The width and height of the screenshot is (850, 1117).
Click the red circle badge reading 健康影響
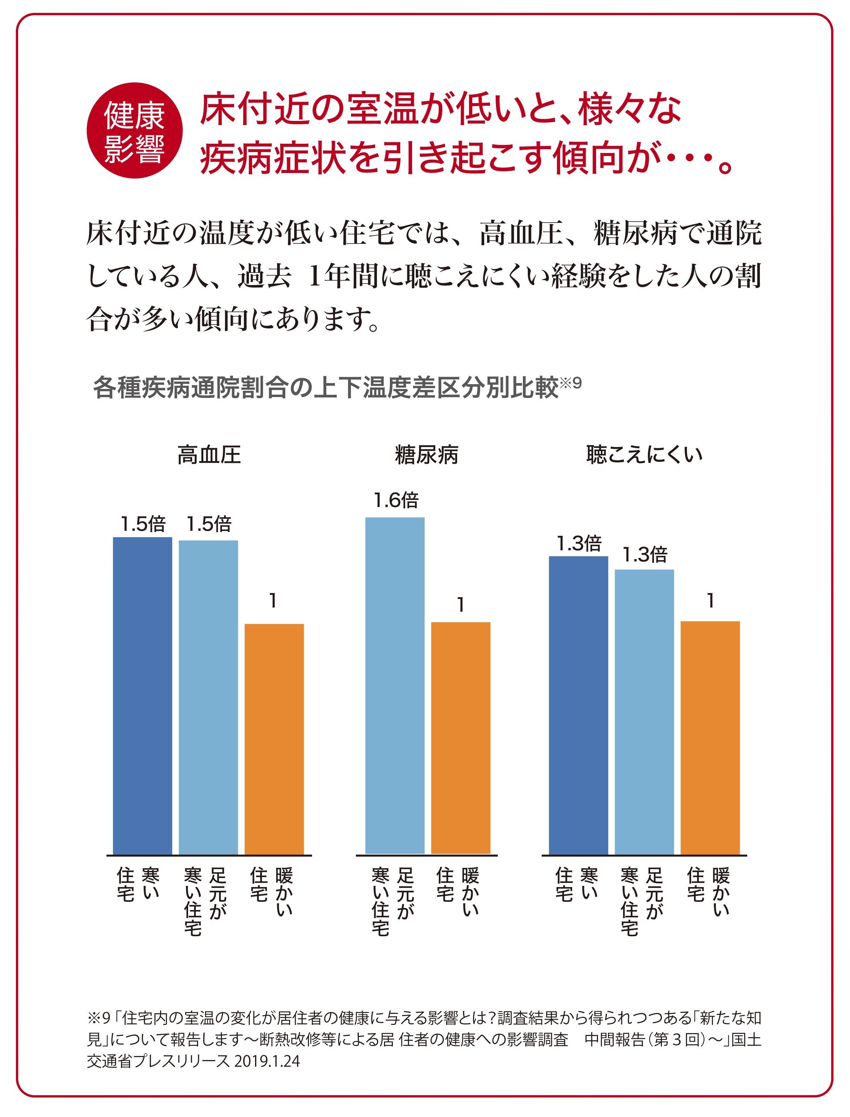(134, 131)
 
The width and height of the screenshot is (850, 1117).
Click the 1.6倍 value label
(396, 501)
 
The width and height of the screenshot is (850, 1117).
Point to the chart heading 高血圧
(209, 454)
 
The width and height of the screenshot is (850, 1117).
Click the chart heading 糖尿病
(426, 454)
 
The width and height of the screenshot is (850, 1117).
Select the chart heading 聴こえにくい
(644, 454)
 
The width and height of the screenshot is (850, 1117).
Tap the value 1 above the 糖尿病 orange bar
(460, 605)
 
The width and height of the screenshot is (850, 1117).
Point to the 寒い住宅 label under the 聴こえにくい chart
(577, 891)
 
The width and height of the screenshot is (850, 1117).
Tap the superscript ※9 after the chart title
(571, 383)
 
